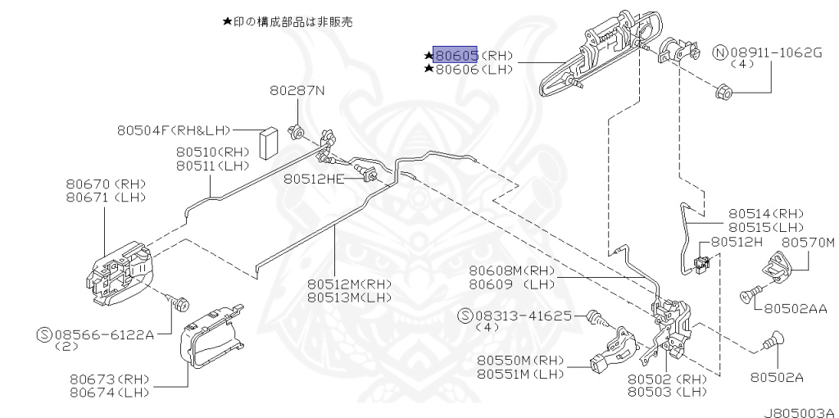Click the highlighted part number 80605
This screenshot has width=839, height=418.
coord(456,56)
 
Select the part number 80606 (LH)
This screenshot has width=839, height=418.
coord(456,70)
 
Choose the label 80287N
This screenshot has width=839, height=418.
coord(297,91)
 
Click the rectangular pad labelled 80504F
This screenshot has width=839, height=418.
coord(268,143)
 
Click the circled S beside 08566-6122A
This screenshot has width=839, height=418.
coord(45,334)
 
